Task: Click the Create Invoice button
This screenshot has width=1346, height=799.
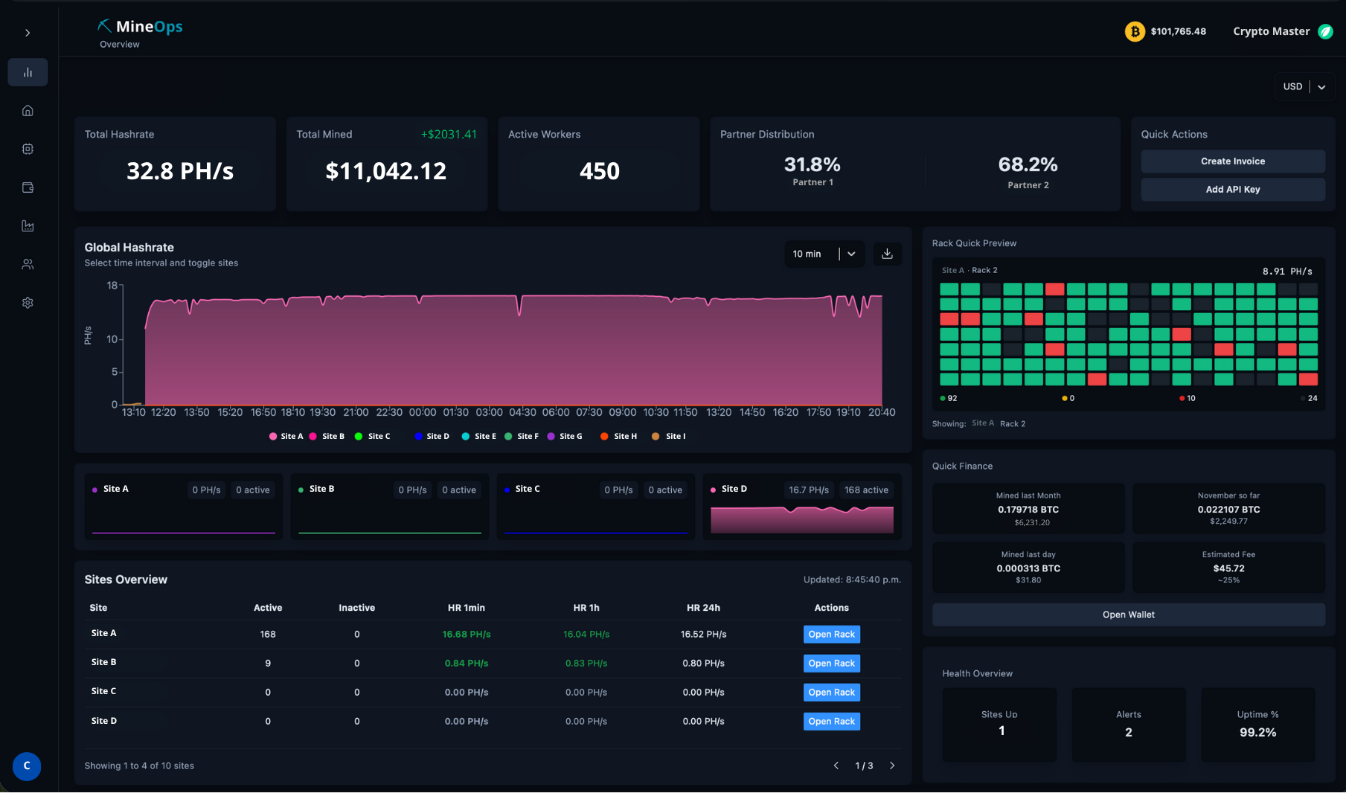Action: point(1232,161)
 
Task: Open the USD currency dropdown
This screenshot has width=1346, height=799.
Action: point(1304,87)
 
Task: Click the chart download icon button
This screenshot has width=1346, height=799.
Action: point(887,254)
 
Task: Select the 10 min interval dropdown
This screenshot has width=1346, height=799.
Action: point(824,254)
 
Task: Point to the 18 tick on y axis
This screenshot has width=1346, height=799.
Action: point(112,286)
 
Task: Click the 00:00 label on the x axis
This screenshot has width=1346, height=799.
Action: point(423,412)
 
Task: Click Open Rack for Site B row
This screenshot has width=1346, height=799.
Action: point(831,664)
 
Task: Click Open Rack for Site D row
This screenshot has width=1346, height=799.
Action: point(831,722)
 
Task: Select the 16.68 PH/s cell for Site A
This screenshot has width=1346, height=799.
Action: point(466,635)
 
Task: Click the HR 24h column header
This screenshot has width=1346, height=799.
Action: point(702,608)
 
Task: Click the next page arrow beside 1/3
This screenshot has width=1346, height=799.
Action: point(892,766)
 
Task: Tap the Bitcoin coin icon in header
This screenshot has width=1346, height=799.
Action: point(1134,32)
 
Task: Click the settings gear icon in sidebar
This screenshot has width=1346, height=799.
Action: point(28,303)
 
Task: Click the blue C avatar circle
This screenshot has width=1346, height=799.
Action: point(27,766)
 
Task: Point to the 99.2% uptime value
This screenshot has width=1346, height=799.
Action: point(1257,733)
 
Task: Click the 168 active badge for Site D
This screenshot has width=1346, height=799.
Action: point(866,490)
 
